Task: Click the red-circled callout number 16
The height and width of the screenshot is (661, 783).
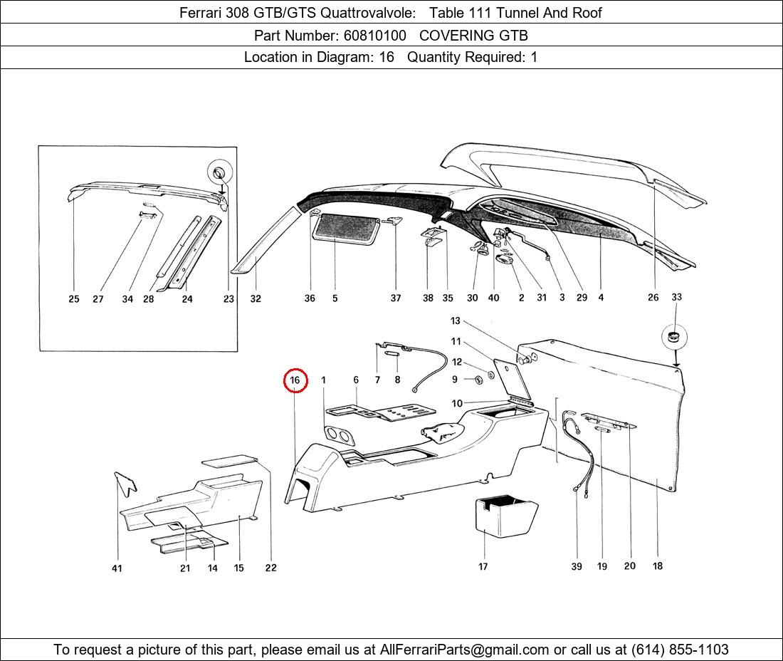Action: (295, 380)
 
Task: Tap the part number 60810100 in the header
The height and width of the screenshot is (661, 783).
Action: (374, 36)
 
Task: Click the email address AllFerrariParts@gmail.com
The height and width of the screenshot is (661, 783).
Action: (464, 650)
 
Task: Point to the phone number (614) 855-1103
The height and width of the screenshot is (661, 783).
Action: (680, 650)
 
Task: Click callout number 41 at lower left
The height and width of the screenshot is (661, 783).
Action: (116, 568)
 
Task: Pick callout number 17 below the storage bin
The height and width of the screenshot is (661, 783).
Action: (483, 566)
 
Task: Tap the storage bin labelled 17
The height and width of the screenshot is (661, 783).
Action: (505, 516)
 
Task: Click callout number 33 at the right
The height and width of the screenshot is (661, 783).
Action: (676, 297)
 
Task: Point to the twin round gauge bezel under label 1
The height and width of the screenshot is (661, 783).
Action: (338, 436)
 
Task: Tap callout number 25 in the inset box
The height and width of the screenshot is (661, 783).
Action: (74, 298)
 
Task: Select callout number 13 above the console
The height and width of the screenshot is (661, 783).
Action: (455, 321)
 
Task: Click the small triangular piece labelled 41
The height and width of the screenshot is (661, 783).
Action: (125, 483)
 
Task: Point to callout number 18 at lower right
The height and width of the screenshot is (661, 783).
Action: (658, 566)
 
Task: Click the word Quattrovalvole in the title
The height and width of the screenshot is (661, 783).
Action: (367, 13)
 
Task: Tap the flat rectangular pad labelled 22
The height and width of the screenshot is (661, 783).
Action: (230, 460)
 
